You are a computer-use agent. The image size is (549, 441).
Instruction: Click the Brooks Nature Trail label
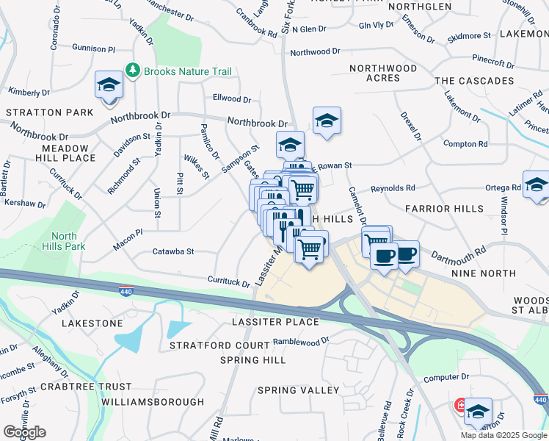[188, 71]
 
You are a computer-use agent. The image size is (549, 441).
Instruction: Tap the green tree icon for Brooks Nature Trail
[133, 71]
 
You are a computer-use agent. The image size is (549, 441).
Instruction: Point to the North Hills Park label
[64, 241]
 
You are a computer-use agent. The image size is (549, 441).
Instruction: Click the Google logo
[24, 432]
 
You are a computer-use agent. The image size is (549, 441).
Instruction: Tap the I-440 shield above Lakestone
[126, 291]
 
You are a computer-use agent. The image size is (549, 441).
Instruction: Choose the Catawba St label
[172, 251]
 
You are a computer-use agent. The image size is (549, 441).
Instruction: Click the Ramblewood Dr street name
[301, 342]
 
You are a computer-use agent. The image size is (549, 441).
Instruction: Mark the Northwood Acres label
[383, 73]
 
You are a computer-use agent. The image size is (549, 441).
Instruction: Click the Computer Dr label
[446, 377]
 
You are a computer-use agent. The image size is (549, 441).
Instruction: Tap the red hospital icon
[462, 405]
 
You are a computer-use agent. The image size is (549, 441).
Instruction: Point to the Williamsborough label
[153, 402]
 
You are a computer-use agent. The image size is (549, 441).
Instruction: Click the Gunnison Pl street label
[94, 48]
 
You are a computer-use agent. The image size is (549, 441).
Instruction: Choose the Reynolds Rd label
[393, 188]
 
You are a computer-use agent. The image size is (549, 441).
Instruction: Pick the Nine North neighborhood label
[484, 273]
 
